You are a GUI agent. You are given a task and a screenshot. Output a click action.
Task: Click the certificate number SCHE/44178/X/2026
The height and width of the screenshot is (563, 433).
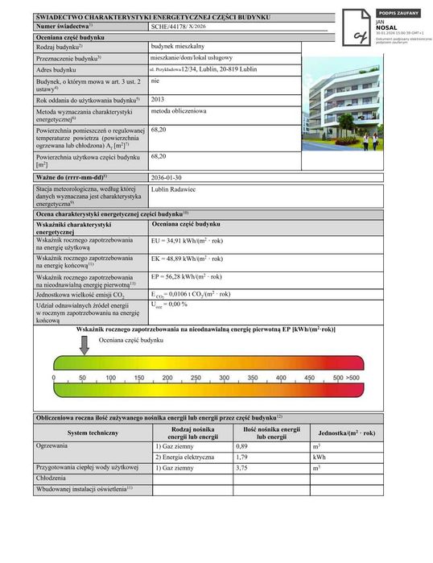(x=178, y=27)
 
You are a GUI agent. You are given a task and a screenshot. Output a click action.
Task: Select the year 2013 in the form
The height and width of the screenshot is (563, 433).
(x=158, y=99)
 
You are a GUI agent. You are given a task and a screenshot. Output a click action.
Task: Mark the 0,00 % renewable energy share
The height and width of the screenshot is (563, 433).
(x=169, y=304)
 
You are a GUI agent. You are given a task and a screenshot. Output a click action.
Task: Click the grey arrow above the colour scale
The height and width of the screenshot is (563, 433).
(x=84, y=343)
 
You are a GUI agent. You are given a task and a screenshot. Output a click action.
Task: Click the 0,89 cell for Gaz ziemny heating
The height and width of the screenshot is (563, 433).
(x=241, y=445)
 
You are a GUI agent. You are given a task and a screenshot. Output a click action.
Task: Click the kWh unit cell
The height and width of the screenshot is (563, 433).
(x=318, y=457)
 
